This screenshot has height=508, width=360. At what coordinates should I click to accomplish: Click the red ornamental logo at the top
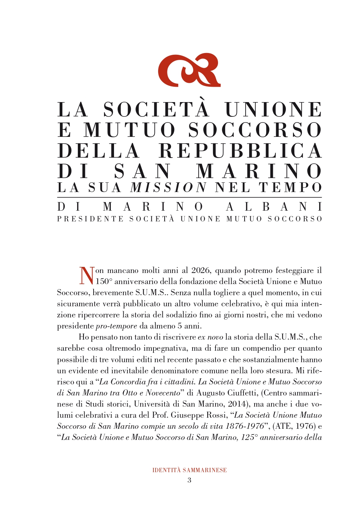click(189, 70)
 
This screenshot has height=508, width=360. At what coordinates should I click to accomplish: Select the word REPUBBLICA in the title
click(240, 151)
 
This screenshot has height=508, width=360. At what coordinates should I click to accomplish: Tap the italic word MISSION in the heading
click(169, 187)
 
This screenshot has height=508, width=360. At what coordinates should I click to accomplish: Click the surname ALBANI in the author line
click(274, 207)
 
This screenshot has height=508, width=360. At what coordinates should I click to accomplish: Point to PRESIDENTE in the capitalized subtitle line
click(90, 219)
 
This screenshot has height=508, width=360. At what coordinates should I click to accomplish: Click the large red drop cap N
click(86, 275)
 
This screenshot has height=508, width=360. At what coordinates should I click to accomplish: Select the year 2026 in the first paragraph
click(201, 270)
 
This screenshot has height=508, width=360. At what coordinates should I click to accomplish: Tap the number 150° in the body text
click(104, 282)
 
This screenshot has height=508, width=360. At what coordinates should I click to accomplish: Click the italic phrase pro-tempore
click(116, 326)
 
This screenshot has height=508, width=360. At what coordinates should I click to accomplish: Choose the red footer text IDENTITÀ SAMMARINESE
click(189, 470)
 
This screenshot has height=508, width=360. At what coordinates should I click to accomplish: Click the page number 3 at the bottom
click(189, 480)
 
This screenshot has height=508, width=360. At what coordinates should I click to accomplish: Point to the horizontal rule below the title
click(189, 197)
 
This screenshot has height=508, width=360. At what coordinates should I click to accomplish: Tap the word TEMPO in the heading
click(290, 187)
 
